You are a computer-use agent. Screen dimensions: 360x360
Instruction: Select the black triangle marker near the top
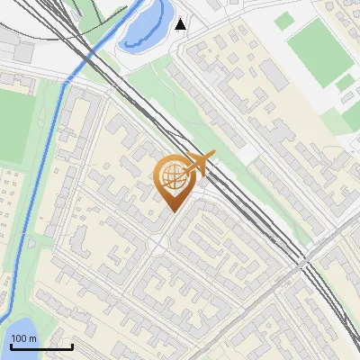pyautogui.click(x=182, y=23)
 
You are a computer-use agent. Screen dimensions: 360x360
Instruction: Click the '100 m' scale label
pyautogui.click(x=24, y=338)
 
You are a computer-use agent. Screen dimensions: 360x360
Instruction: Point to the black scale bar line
pyautogui.click(x=41, y=346)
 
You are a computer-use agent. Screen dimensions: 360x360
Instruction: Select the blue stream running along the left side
pyautogui.click(x=41, y=180)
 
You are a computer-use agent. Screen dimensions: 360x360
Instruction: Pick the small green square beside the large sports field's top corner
pyautogui.click(x=346, y=82)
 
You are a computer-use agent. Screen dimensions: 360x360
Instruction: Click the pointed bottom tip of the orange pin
pyautogui.click(x=175, y=212)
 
